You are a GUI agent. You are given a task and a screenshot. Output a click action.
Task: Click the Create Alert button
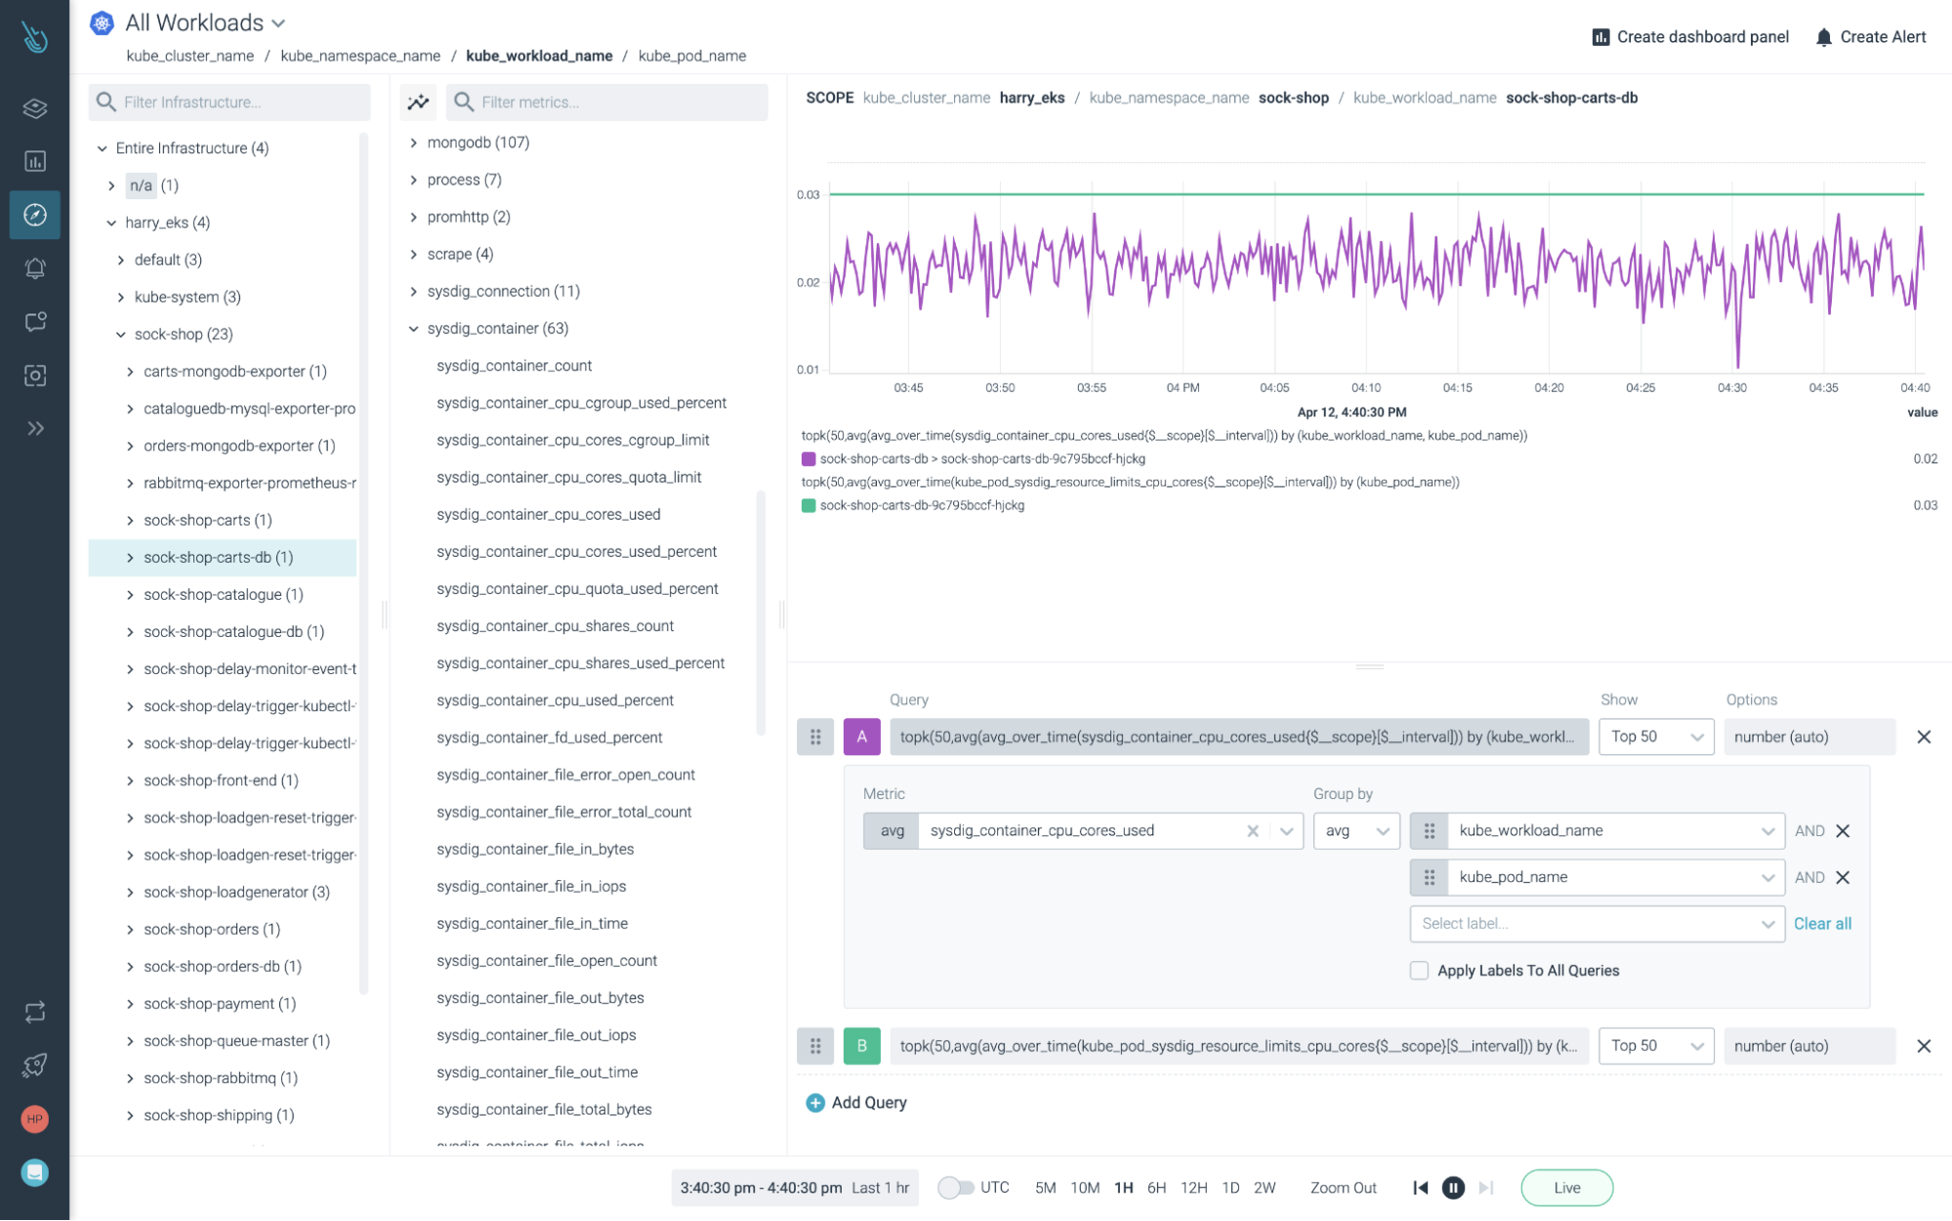(1870, 37)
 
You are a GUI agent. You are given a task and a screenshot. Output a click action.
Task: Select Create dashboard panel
(1690, 37)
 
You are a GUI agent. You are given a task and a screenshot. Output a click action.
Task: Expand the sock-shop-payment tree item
(130, 1003)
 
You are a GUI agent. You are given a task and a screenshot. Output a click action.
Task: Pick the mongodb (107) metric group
(478, 143)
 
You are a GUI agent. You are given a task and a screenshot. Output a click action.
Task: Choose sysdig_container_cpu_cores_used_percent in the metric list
(576, 551)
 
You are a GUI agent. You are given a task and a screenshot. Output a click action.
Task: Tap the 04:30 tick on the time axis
(1731, 388)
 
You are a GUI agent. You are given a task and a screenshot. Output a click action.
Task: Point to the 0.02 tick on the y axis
(808, 282)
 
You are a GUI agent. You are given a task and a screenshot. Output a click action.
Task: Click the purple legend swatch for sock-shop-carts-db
(809, 459)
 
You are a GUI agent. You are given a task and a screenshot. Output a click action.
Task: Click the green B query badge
(861, 1046)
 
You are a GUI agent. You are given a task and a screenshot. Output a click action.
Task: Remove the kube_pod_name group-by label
(1843, 877)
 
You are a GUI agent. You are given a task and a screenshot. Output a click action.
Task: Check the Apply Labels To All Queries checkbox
(1419, 970)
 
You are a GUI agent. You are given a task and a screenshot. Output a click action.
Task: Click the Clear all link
(1822, 923)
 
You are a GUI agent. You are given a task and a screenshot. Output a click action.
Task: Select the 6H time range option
(1156, 1188)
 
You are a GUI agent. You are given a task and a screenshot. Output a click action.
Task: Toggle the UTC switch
(956, 1188)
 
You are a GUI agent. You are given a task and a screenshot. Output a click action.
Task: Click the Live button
(1566, 1188)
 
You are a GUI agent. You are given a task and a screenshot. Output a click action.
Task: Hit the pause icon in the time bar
(1453, 1188)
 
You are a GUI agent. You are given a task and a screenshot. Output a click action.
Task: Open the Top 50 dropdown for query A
(1655, 737)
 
